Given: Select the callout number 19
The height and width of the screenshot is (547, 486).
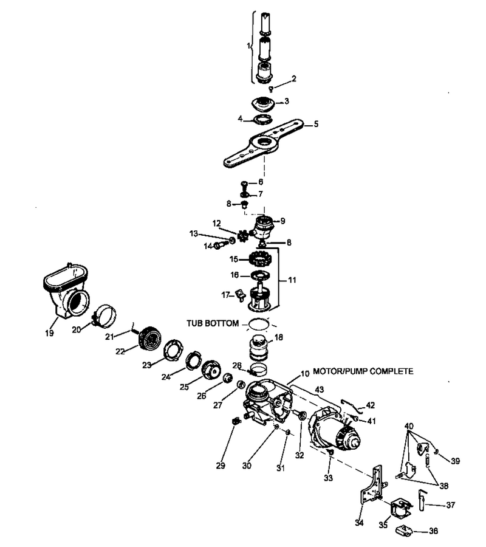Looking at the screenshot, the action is coord(49,333).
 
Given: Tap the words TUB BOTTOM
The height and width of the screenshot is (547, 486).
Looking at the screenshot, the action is coord(213,323).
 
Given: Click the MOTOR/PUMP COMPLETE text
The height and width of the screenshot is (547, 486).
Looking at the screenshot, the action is coord(363,371).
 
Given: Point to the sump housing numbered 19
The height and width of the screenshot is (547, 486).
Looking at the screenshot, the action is coord(66,291).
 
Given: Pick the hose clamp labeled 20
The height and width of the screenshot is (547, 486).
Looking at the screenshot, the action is coord(104,315).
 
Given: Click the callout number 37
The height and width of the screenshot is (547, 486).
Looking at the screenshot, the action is coord(450,504).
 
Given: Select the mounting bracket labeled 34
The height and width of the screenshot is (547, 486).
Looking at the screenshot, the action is coord(372,485).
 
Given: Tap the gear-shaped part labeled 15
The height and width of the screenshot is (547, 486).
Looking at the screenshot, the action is coord(260,259).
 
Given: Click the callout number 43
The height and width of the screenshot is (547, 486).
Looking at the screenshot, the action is coord(319,389).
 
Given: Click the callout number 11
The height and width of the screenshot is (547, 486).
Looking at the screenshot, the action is coord(292,280).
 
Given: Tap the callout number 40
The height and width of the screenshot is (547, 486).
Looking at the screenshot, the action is coord(409,426).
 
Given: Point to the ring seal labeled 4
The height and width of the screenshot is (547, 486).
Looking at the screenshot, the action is coord(262,119).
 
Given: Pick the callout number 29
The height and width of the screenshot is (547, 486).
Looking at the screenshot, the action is coord(221,466).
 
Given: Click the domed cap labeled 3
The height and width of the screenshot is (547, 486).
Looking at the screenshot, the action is coord(263,105).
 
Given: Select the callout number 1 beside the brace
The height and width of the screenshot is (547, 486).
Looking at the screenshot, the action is coord(248,46).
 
